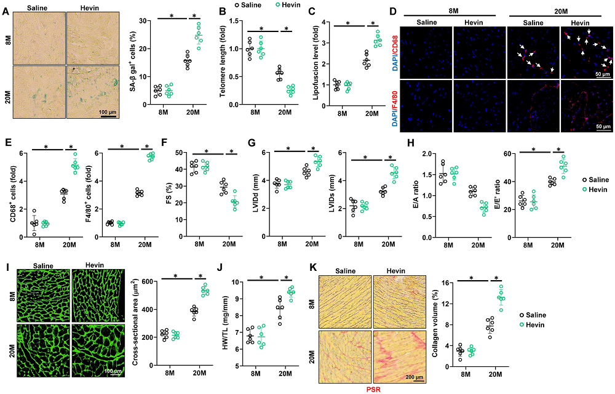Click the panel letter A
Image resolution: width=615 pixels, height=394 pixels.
[x=6, y=9]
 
